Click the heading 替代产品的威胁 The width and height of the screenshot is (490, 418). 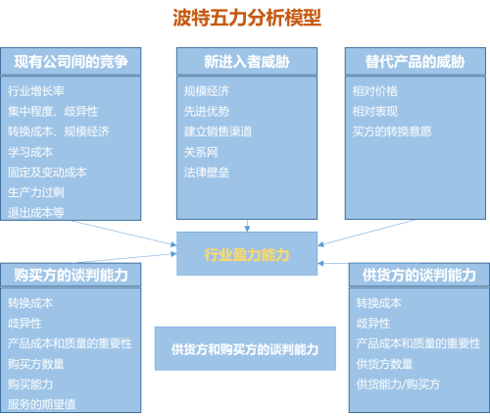coord(416,62)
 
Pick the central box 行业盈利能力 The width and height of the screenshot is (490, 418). coord(247,254)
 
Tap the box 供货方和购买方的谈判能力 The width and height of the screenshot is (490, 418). coord(246,348)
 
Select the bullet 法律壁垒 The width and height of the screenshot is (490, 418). coord(206,172)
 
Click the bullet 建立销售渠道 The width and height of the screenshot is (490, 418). coord(218,131)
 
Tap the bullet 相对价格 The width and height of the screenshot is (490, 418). coord(374,90)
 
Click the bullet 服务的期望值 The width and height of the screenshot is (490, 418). coord(41,403)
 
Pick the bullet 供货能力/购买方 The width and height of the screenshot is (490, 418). coord(398,384)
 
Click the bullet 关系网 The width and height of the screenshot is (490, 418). coord(200,151)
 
